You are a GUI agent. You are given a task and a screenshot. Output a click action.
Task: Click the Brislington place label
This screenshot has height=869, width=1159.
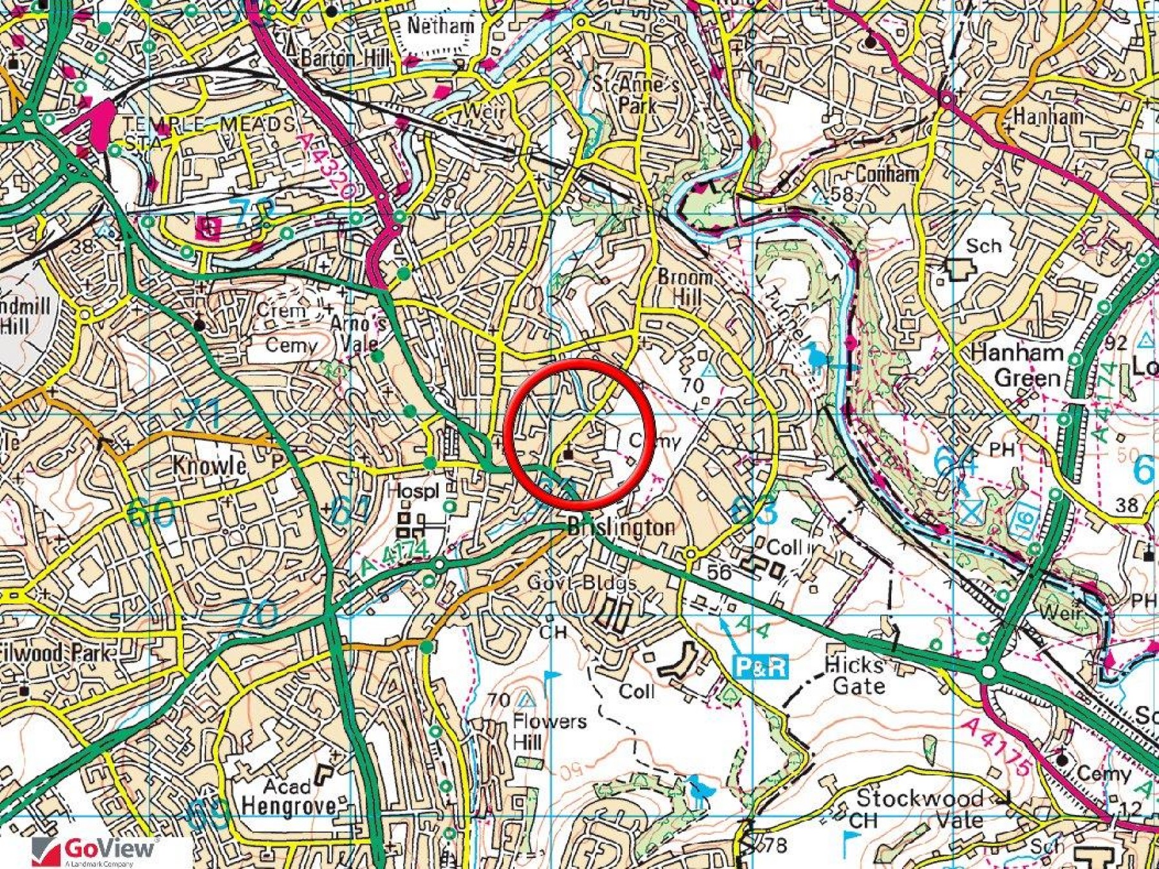621,528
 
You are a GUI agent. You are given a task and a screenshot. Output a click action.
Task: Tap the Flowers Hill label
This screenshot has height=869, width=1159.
549,731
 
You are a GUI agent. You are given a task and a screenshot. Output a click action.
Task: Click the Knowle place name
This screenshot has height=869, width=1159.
209,465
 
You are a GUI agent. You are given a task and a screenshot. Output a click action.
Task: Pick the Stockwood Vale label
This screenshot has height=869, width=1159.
919,808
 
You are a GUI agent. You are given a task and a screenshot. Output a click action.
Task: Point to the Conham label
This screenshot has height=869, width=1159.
887,174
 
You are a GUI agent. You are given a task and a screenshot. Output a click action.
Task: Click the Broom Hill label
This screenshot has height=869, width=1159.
685,287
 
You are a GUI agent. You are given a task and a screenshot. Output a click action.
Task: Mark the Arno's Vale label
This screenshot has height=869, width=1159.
358,332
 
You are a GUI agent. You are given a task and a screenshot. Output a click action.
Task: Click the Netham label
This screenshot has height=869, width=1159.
441,26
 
